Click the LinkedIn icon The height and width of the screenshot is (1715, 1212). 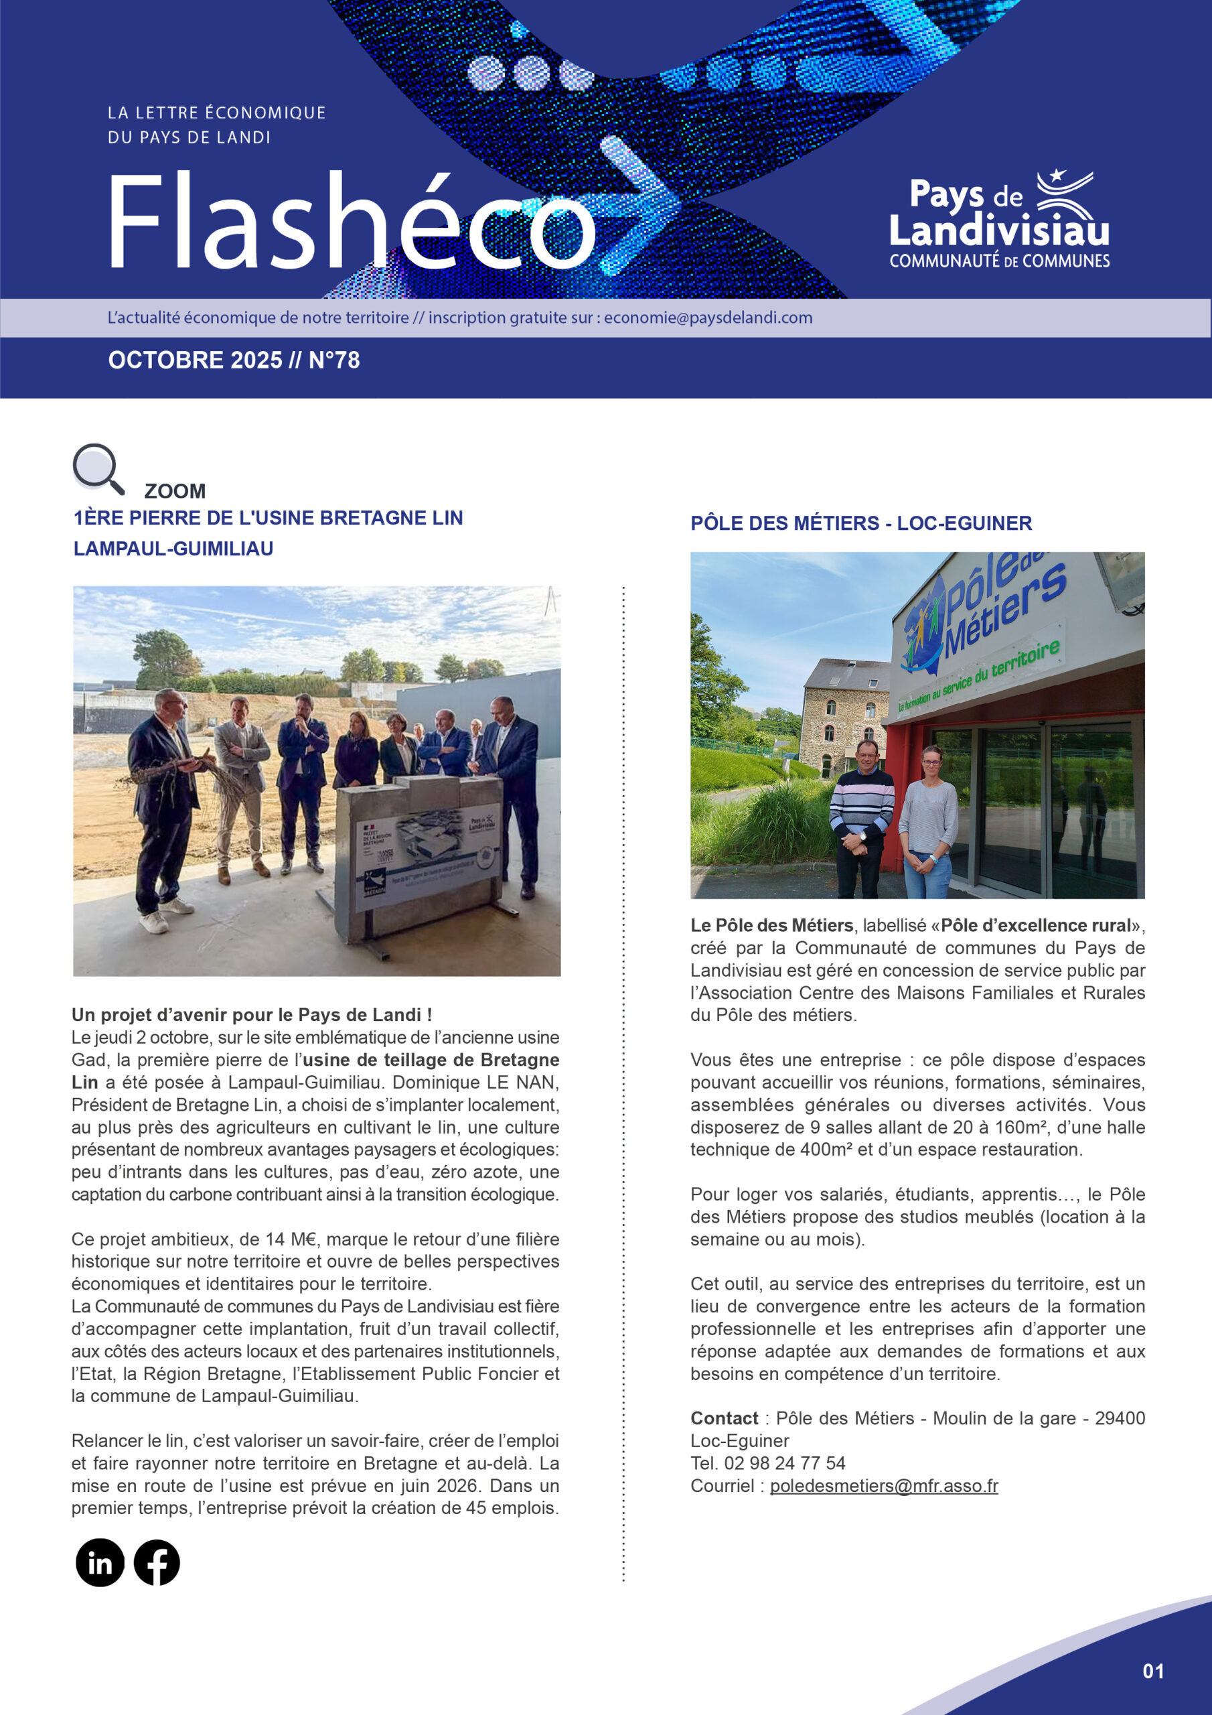(99, 1563)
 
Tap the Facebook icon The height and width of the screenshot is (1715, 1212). (157, 1563)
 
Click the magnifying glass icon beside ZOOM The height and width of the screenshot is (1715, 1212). (97, 468)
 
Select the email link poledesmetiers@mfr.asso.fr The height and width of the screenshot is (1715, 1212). (883, 1486)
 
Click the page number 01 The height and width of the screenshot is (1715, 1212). (1153, 1671)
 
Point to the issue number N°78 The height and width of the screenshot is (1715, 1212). (334, 360)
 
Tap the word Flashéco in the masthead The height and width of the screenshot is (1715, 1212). (351, 222)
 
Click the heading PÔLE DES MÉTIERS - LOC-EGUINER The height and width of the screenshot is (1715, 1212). (860, 523)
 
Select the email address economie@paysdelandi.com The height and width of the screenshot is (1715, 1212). (708, 318)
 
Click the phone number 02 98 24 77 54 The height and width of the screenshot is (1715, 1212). (784, 1463)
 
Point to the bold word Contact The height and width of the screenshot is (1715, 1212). (724, 1418)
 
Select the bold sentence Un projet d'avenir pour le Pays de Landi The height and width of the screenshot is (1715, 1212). (252, 1014)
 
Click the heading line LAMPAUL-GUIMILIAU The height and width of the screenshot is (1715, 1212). (173, 549)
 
